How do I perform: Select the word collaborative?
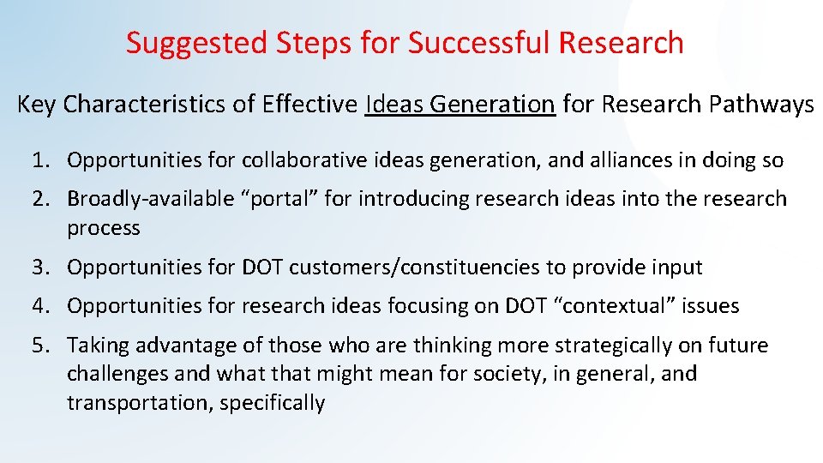[x=303, y=160]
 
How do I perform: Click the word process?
[x=104, y=228]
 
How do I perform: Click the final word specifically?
[x=272, y=403]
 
